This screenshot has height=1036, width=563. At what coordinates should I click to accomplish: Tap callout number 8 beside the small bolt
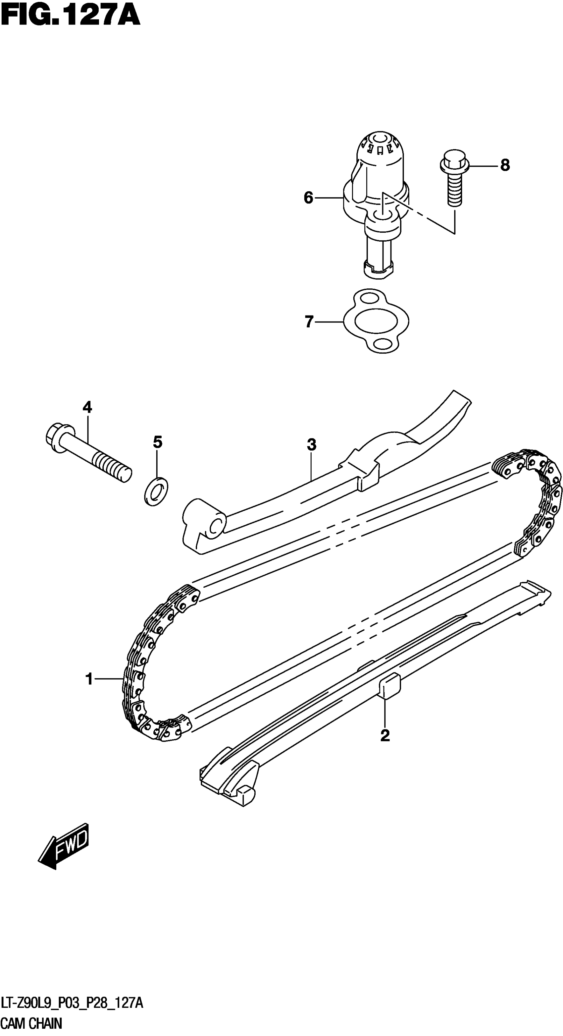(x=505, y=165)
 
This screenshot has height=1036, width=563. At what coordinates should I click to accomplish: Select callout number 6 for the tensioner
(x=308, y=198)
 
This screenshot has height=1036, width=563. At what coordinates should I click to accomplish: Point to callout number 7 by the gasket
(x=309, y=322)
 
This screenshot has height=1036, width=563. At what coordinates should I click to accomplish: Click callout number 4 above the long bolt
(x=87, y=407)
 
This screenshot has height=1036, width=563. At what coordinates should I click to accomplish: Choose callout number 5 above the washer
(x=158, y=442)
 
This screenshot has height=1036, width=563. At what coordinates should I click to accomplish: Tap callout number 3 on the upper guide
(x=311, y=445)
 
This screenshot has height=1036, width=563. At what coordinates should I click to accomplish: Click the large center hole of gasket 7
(x=376, y=321)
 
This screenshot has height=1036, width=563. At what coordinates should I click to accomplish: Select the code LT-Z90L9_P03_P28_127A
(x=72, y=1004)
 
